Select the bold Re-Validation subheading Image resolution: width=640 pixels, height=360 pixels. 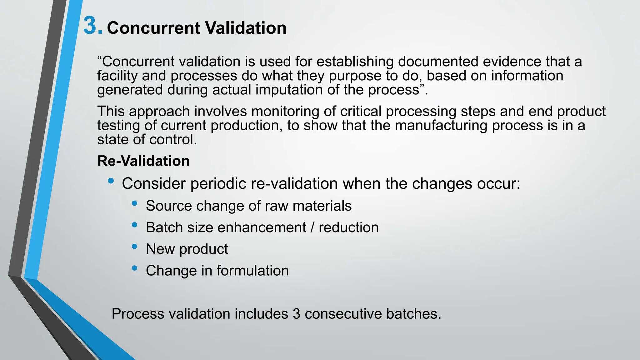point(143,161)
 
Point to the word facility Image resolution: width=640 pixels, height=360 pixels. point(117,76)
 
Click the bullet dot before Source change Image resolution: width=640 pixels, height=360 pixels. point(135,203)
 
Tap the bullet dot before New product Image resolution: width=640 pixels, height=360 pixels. point(135,247)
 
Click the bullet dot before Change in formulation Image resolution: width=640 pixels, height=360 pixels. point(135,268)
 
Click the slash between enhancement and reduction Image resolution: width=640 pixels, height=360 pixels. point(312,227)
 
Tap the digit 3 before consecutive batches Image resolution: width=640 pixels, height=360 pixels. point(297,314)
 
